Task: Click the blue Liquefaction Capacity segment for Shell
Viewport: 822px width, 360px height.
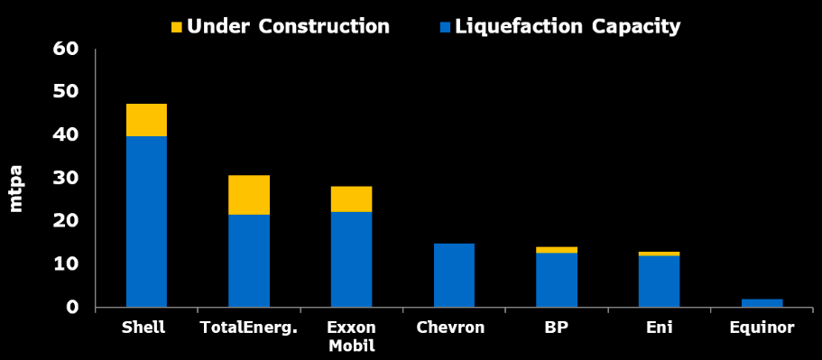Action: click(x=146, y=221)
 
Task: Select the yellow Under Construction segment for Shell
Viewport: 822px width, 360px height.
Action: click(x=146, y=120)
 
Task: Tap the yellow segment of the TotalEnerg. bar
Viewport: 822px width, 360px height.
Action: click(x=248, y=194)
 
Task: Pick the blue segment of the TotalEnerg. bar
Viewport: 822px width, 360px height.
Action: click(x=248, y=260)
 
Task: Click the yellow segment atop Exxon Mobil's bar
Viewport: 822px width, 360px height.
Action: click(x=351, y=198)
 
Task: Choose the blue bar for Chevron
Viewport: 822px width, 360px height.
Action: click(x=454, y=275)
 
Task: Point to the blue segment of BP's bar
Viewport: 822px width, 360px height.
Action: click(x=556, y=280)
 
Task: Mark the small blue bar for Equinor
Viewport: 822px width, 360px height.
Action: click(x=762, y=303)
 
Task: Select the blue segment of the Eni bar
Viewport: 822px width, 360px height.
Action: click(x=659, y=282)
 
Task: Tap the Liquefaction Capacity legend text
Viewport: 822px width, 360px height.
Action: click(x=568, y=26)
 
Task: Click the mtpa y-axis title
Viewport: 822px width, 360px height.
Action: click(x=17, y=189)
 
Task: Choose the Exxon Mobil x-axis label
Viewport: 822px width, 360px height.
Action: click(x=351, y=336)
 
